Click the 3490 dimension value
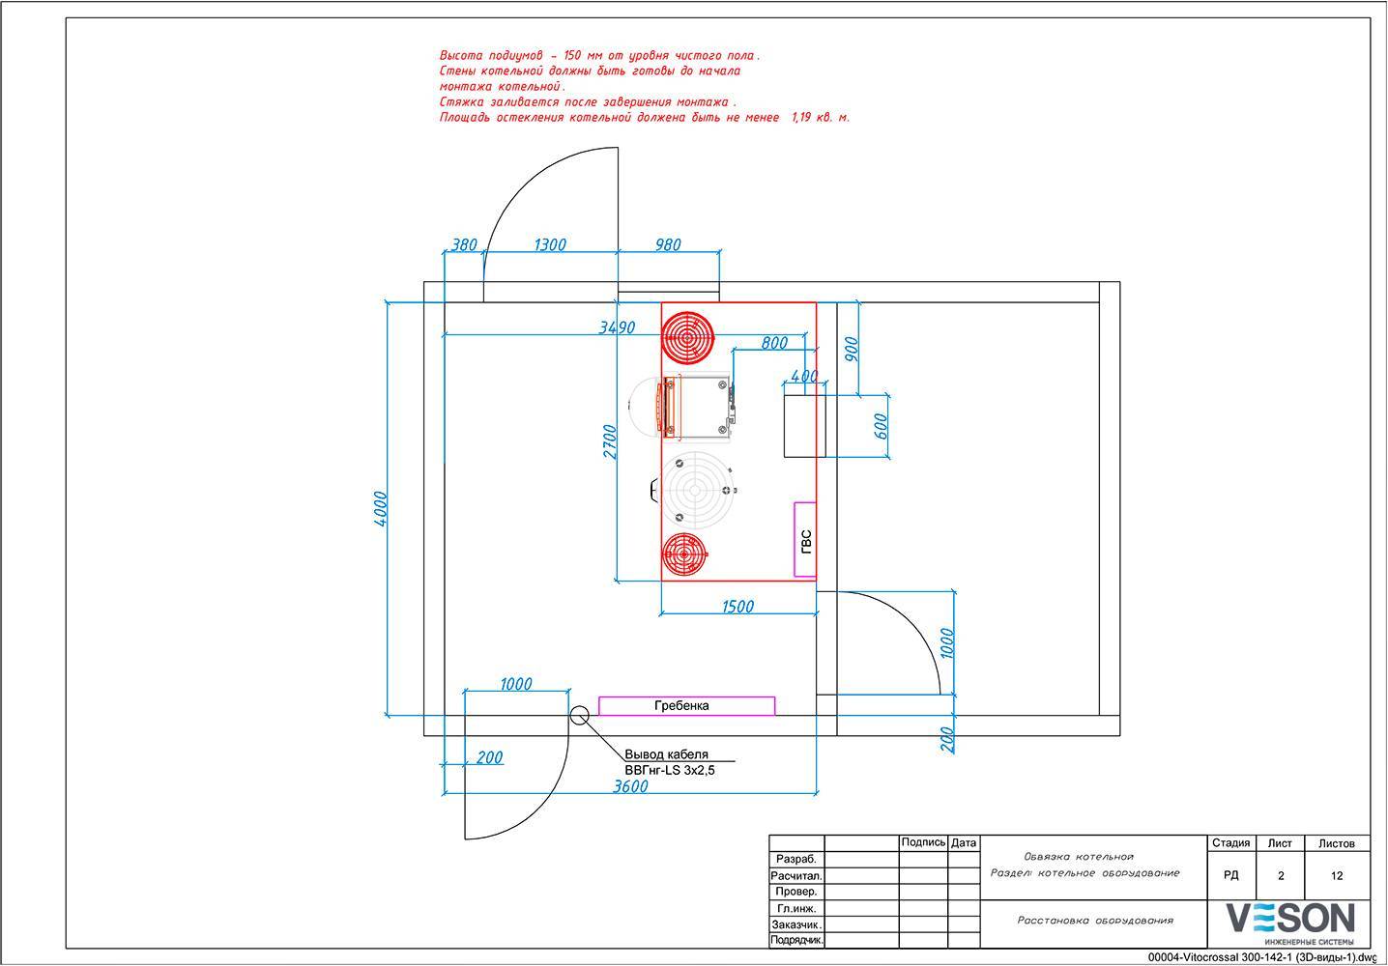tap(617, 327)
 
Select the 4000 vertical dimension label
tap(381, 508)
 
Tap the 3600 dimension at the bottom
tap(630, 786)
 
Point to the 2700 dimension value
tap(609, 441)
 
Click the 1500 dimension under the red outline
tap(737, 607)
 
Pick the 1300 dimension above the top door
tap(549, 245)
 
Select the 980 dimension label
tap(668, 245)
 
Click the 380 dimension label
tap(464, 245)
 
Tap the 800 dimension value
tap(774, 342)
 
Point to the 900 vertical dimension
tap(851, 349)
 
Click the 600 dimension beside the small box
tap(880, 426)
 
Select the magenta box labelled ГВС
tap(805, 539)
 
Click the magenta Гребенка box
tap(686, 705)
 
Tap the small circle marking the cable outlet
tap(579, 716)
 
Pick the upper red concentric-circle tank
tap(687, 336)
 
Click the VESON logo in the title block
tap(1289, 922)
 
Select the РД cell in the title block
tap(1230, 876)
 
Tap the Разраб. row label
tap(796, 859)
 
